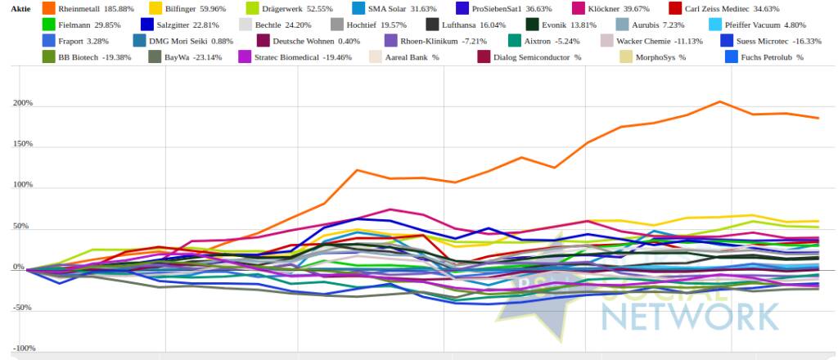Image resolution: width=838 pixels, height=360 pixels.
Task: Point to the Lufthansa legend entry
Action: pos(466,25)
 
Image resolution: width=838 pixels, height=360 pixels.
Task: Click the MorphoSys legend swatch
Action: pos(603,57)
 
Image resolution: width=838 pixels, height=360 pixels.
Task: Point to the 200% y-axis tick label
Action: pos(24,104)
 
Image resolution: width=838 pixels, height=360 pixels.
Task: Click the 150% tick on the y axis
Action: pos(24,145)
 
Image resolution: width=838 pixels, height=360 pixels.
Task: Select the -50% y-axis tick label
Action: pos(24,308)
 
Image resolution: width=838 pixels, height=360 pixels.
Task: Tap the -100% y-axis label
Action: pos(24,349)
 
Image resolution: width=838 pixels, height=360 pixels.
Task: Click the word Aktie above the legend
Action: pos(21,8)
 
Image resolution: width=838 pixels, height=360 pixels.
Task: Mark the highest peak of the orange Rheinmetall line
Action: pos(720,101)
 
